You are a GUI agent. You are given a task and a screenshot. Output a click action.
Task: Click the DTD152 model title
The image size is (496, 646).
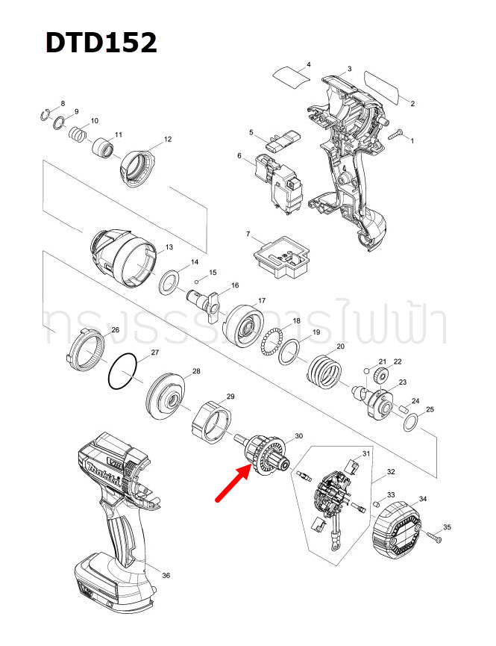(x=101, y=43)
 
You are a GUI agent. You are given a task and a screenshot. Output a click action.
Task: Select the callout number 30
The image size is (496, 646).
(x=299, y=436)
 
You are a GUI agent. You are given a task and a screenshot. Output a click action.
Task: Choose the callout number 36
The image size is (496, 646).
(x=166, y=575)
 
